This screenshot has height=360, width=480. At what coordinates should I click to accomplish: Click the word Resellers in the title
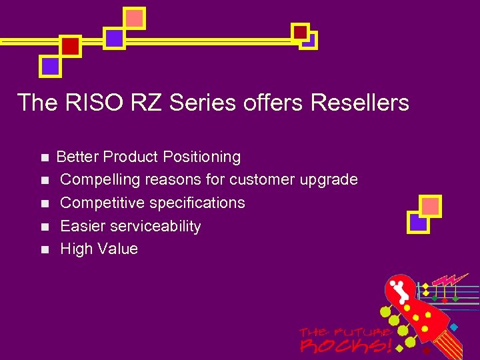point(360,103)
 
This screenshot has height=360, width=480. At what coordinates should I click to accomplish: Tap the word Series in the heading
point(203,103)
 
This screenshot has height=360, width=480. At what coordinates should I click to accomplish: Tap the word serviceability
point(155,226)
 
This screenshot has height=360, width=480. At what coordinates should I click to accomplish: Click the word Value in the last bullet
point(117,249)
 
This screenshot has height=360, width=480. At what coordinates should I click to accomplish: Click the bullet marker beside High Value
point(44,250)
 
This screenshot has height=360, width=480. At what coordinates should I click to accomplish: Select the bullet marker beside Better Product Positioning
point(44,158)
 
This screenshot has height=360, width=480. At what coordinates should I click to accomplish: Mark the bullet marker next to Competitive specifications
point(44,203)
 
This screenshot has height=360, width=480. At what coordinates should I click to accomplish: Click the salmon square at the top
point(135,18)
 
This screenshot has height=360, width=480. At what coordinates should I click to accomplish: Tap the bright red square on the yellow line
point(70,45)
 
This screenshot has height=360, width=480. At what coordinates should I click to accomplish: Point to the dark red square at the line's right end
point(301,31)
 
